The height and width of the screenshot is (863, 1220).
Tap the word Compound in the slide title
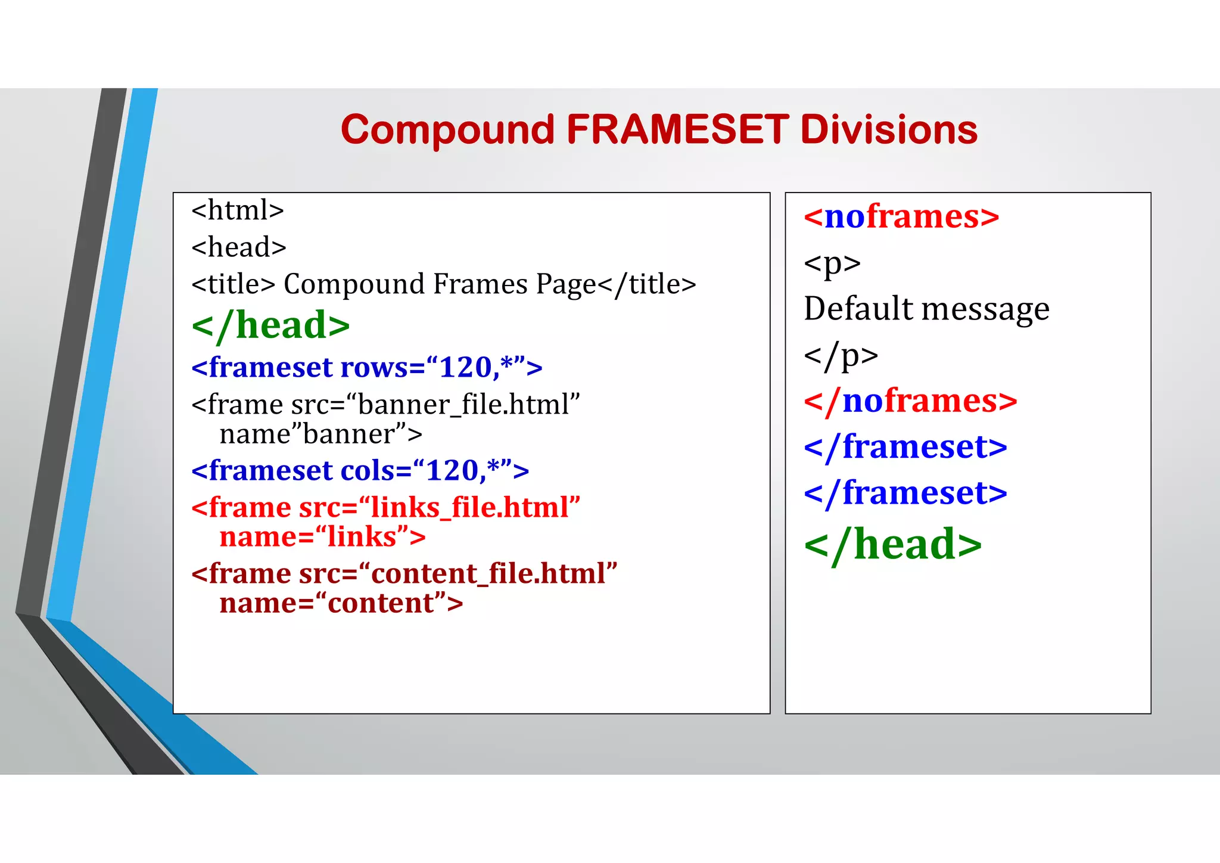coord(447,129)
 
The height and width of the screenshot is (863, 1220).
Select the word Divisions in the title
coord(889,129)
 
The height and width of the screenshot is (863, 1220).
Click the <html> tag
coord(238,210)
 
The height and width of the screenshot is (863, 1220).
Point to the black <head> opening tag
coord(239,247)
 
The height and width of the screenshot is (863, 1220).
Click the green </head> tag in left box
coord(271,325)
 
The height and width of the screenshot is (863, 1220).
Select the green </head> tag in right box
coord(892,544)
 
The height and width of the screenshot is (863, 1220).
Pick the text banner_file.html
coord(463,405)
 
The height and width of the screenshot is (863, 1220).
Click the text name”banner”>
coord(320,434)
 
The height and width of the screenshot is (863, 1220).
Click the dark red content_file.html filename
coord(488,574)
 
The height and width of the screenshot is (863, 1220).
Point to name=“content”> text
coord(341,603)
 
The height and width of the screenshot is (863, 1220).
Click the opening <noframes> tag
coord(901,216)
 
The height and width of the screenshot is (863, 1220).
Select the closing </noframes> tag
coord(910,401)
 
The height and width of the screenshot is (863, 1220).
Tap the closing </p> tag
coord(841,355)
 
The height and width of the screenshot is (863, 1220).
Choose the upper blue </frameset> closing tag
coord(905,446)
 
